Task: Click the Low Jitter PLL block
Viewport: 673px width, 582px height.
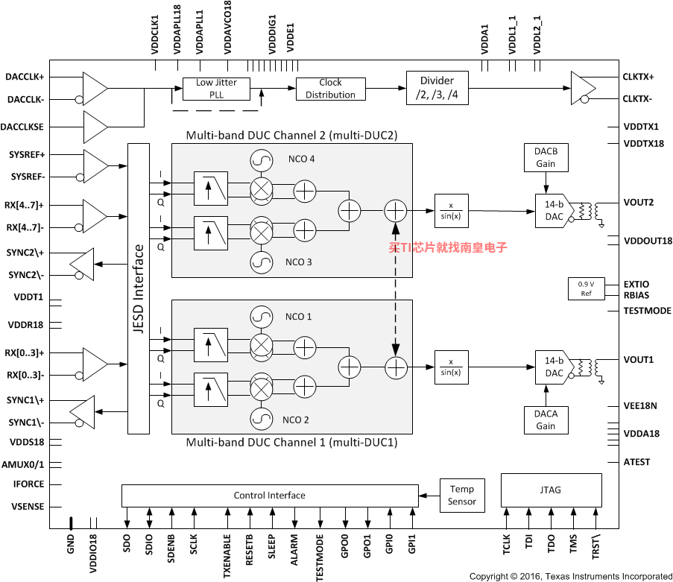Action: click(216, 89)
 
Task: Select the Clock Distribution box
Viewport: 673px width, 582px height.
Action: click(330, 89)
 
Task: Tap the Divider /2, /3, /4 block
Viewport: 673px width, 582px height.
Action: click(437, 88)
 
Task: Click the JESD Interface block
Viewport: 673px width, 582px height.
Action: click(139, 289)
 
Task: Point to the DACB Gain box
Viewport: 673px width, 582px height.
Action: click(546, 157)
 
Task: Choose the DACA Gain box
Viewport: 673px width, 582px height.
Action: click(546, 420)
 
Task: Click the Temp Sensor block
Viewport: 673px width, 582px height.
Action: click(462, 496)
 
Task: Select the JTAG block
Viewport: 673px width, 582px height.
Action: click(551, 490)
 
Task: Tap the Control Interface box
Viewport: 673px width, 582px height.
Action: click(270, 496)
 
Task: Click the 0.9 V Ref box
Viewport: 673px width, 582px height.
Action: click(587, 289)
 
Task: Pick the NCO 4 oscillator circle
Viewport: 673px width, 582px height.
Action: click(262, 160)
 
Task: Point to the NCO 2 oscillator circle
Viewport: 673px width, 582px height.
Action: click(262, 419)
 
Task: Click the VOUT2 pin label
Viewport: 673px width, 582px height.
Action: click(638, 203)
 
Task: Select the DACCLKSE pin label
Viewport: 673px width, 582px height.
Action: click(22, 127)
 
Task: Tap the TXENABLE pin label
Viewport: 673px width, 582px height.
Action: click(227, 556)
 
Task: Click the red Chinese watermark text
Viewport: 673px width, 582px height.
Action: click(448, 247)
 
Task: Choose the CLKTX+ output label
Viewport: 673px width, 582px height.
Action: click(638, 77)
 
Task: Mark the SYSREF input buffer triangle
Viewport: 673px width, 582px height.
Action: click(95, 166)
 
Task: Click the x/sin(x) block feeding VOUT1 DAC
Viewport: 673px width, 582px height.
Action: click(452, 367)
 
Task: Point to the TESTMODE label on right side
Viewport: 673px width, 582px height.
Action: click(647, 311)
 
